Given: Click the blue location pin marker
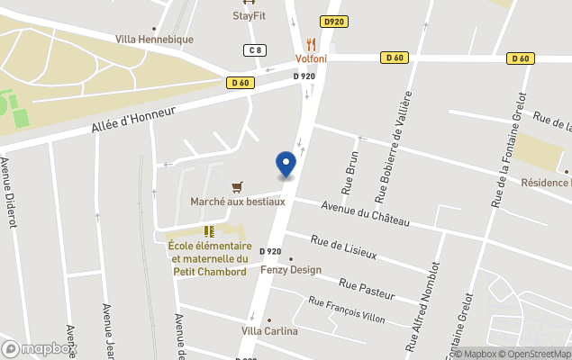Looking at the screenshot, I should point(286,165).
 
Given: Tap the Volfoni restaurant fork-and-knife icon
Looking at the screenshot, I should point(312,44).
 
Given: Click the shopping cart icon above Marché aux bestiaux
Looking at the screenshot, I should point(237,186).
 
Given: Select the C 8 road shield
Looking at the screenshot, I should point(257,50).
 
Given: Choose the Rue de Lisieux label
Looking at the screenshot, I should point(343,247).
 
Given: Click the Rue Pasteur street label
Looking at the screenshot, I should point(368,289).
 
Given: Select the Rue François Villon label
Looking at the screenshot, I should point(347,310).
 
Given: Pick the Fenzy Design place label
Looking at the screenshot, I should point(291,269).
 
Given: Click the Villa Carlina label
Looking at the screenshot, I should point(269,330).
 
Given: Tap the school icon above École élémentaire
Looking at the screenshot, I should point(209,231).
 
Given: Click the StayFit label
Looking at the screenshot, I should point(249,15).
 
